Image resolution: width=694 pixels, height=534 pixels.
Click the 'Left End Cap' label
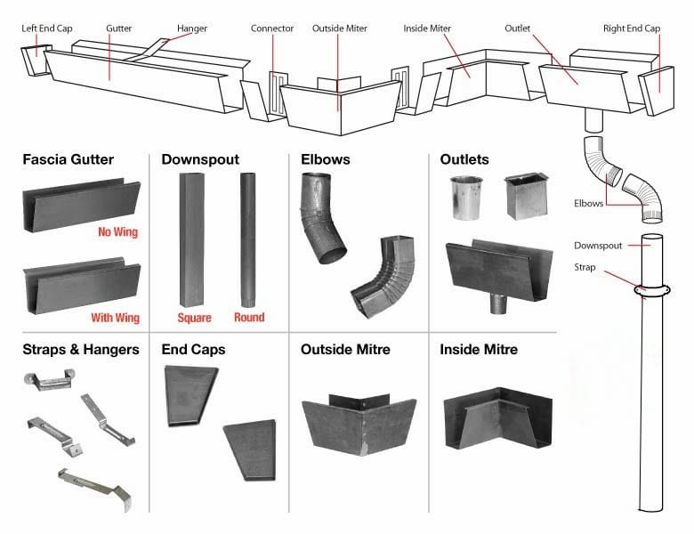pos(46,28)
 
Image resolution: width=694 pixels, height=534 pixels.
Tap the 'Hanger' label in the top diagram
pos(192,28)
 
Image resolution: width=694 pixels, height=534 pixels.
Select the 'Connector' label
pos(272,28)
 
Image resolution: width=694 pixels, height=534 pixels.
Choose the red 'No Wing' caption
pos(117,233)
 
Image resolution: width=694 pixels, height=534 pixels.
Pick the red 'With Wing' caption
pos(115,318)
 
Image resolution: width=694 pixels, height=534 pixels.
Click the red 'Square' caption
pos(195,318)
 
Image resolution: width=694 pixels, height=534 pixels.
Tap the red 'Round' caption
pos(249,318)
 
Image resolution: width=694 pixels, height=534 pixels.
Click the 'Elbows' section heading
pos(326,160)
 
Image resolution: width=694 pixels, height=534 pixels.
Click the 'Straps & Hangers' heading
pos(81,350)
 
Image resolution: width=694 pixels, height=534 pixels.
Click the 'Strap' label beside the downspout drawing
pos(585,265)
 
